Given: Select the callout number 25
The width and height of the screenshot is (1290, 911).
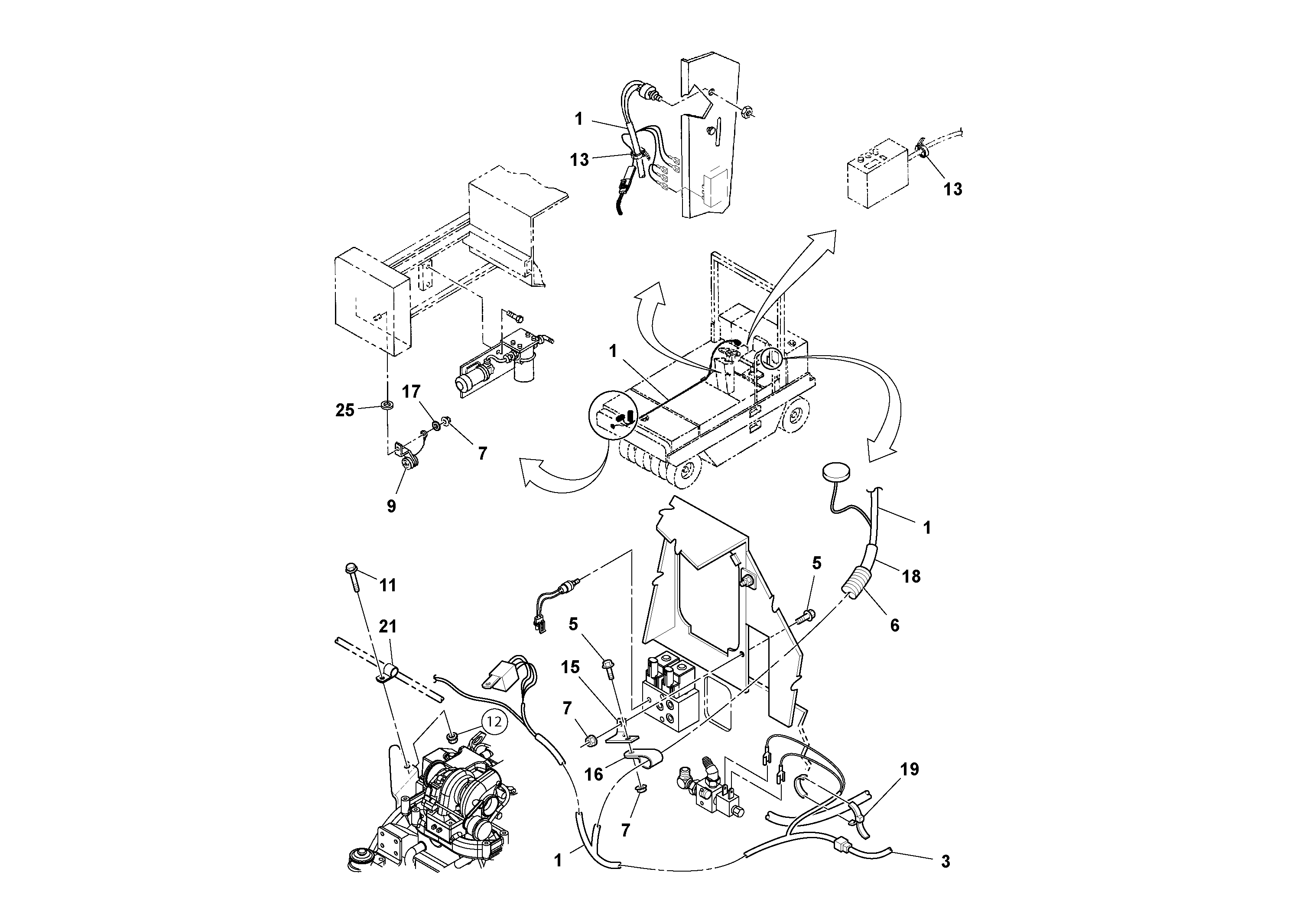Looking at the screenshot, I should pyautogui.click(x=345, y=411).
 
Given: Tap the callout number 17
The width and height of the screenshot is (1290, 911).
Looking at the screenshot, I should pyautogui.click(x=411, y=392).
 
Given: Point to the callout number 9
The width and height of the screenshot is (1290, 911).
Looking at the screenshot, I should pyautogui.click(x=392, y=506).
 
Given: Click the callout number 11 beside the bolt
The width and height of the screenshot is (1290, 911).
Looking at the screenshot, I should pyautogui.click(x=388, y=585).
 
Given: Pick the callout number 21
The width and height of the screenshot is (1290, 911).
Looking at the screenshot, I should pyautogui.click(x=388, y=627).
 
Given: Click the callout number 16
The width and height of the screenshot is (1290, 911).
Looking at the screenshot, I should pyautogui.click(x=594, y=775).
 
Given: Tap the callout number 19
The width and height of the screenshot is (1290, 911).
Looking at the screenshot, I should pyautogui.click(x=910, y=769).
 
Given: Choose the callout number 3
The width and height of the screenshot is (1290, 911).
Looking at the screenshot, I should pyautogui.click(x=946, y=862).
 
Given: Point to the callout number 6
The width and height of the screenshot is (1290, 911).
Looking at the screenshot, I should pyautogui.click(x=895, y=625).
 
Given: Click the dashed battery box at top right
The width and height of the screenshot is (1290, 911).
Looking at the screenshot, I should pyautogui.click(x=877, y=174).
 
